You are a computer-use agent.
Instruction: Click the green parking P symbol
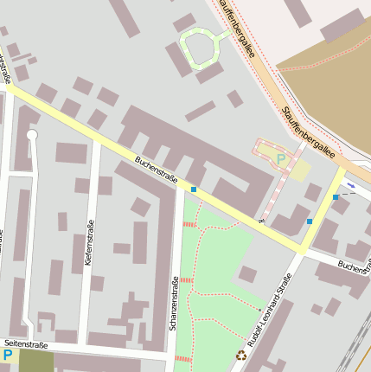click(280, 159)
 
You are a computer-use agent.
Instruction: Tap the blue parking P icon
click(8, 355)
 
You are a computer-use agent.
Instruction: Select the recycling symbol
click(241, 354)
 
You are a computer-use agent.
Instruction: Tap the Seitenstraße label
click(26, 344)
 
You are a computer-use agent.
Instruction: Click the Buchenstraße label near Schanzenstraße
click(156, 169)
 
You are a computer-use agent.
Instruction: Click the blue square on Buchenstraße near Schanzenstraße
click(194, 189)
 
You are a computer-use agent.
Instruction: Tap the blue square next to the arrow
click(336, 197)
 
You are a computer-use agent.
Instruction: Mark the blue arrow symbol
click(350, 184)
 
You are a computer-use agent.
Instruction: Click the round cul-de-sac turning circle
click(32, 135)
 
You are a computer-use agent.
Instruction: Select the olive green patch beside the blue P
click(35, 361)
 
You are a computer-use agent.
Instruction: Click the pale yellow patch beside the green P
click(299, 169)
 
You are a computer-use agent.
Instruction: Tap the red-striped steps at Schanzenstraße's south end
click(182, 358)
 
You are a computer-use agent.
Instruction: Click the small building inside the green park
click(248, 274)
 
